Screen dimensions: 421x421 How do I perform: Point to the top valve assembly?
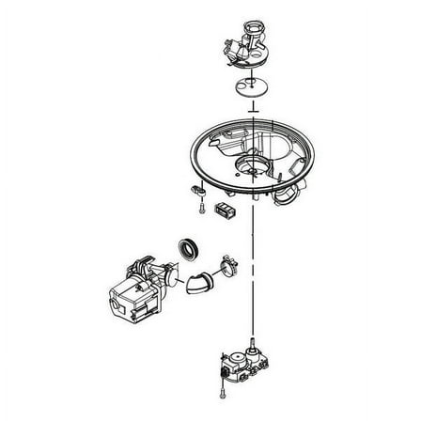point(247,47)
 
